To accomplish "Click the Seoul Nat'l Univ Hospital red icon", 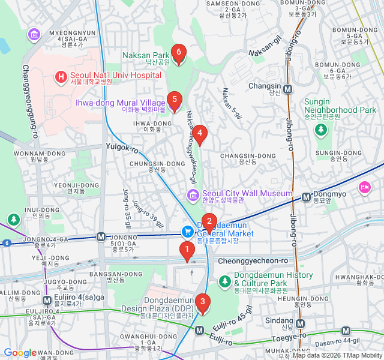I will click(x=61, y=76).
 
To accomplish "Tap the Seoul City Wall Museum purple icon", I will click(x=193, y=194).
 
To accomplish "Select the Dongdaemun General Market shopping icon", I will click(x=188, y=231).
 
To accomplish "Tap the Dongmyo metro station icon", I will click(x=306, y=195).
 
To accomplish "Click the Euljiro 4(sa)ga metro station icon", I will click(x=47, y=300).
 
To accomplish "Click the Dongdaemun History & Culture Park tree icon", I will click(x=225, y=280).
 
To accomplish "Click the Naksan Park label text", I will click(x=146, y=55).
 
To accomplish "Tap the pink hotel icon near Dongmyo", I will click(x=364, y=188).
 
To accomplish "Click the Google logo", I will click(x=20, y=353).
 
